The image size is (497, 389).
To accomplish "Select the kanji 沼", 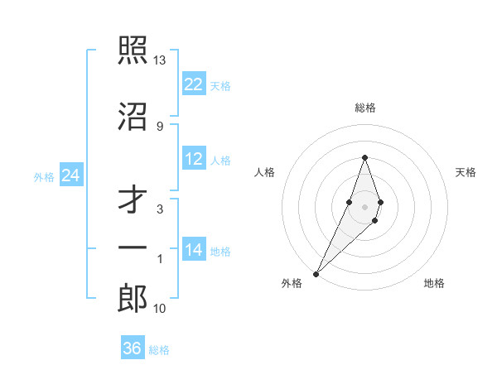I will (x=133, y=117).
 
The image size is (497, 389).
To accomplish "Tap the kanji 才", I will (x=133, y=199).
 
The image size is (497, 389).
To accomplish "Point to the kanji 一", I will (x=133, y=247).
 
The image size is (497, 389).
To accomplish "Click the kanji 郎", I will (x=133, y=299).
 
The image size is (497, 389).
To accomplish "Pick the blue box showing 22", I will (x=194, y=84).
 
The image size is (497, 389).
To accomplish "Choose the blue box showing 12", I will (x=194, y=159).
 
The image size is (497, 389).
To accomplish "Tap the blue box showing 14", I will (x=194, y=250).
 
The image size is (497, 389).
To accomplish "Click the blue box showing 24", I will (x=70, y=175).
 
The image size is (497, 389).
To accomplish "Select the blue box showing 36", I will (x=133, y=348).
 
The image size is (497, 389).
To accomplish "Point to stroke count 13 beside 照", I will (x=159, y=60).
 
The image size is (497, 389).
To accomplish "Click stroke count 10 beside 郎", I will (x=159, y=309).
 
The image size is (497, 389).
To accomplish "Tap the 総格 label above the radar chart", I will (x=364, y=108).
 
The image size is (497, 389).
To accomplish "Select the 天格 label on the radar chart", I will (x=466, y=172).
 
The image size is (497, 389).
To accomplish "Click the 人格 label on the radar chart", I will (x=265, y=172).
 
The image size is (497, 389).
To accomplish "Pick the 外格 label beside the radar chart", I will (x=292, y=283).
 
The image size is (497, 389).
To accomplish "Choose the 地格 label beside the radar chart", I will (x=434, y=283).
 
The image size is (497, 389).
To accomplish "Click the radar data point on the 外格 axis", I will (x=316, y=273).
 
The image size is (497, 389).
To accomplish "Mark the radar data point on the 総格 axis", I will (x=364, y=157).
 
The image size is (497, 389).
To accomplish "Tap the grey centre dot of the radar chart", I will (x=364, y=206).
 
